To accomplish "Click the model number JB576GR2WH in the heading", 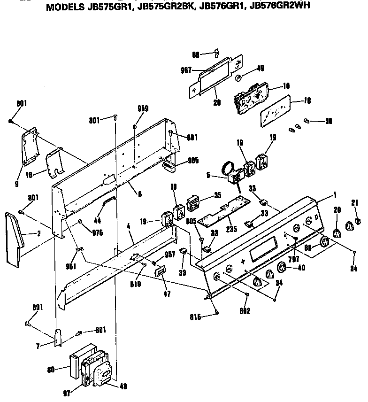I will [x=280, y=6].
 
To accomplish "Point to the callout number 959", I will [x=143, y=108].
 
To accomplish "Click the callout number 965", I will [x=193, y=160].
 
